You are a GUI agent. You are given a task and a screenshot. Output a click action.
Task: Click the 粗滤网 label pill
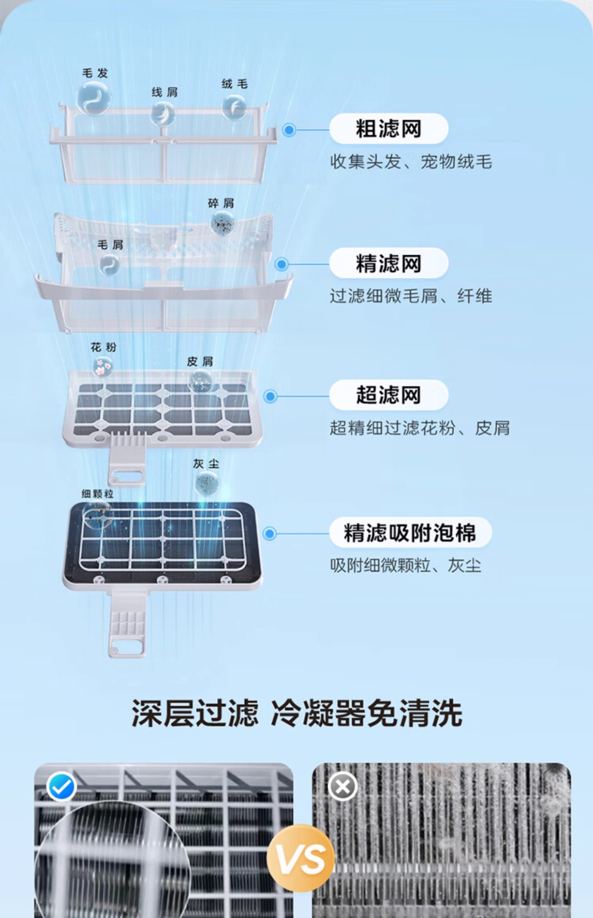tap(388, 129)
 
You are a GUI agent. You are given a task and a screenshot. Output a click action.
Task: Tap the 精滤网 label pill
tap(388, 263)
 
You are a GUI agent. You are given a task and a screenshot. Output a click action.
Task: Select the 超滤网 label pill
tap(388, 395)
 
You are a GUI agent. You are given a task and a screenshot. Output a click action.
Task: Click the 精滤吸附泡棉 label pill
tap(410, 533)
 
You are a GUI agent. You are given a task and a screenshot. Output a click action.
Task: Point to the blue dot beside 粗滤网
tap(289, 130)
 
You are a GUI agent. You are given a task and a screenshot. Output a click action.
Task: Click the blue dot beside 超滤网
tap(270, 396)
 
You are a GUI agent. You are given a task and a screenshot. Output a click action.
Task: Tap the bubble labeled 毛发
tap(94, 98)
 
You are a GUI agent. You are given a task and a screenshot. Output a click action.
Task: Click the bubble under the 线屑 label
tap(163, 114)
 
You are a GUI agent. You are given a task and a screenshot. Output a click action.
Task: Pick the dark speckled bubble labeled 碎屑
tap(222, 222)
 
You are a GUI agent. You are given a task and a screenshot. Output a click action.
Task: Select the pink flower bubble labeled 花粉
tap(102, 367)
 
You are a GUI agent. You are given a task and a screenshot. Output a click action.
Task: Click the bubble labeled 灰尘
tap(207, 482)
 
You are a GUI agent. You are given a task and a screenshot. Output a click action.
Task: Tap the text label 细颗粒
tap(97, 494)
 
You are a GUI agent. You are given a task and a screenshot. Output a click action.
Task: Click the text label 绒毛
tap(234, 84)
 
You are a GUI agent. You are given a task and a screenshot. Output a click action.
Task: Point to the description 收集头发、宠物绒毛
tap(411, 162)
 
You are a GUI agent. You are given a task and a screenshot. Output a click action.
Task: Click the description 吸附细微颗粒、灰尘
tap(406, 566)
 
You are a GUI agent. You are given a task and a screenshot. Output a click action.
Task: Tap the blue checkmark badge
tap(62, 786)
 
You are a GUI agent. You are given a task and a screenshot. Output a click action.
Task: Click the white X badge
tap(342, 786)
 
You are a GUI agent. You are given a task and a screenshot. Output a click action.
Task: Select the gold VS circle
tap(300, 858)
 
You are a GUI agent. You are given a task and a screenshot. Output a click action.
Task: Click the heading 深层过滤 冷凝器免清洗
tap(296, 713)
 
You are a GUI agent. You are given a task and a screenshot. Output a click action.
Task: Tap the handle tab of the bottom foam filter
tap(127, 626)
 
